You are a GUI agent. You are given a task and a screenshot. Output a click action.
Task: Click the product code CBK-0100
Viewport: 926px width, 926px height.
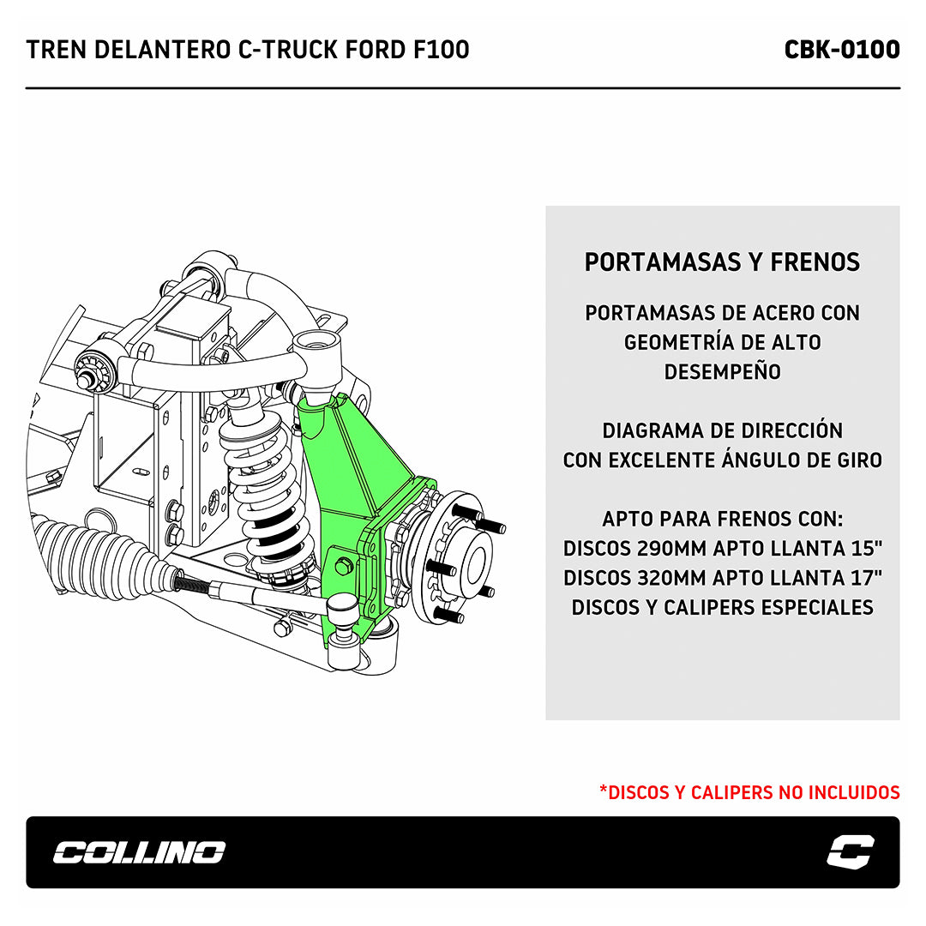[841, 50]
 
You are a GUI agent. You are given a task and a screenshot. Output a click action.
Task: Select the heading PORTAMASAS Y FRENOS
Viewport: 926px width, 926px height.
[722, 262]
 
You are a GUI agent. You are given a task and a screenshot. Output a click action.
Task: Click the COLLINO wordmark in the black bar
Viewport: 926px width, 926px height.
[139, 852]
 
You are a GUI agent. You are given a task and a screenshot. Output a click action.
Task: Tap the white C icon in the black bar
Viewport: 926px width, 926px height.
[850, 852]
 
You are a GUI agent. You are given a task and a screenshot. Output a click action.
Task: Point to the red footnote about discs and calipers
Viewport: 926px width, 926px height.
[749, 792]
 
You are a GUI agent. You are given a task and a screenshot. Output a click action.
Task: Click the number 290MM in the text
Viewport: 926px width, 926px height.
[672, 549]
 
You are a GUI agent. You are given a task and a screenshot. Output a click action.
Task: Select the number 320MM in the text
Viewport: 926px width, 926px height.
[672, 578]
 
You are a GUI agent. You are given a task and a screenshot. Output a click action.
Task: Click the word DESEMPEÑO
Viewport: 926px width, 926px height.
[722, 372]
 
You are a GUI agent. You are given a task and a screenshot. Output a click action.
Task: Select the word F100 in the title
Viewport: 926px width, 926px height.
[444, 50]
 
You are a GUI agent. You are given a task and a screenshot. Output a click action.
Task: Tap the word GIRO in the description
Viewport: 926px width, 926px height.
[854, 460]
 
